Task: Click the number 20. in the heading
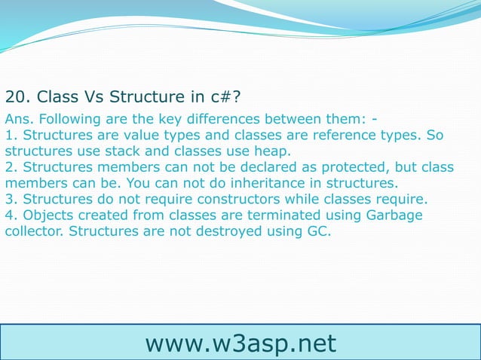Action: point(18,97)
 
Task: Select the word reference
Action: point(339,135)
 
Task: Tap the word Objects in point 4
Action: point(44,215)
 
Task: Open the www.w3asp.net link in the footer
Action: point(240,343)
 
